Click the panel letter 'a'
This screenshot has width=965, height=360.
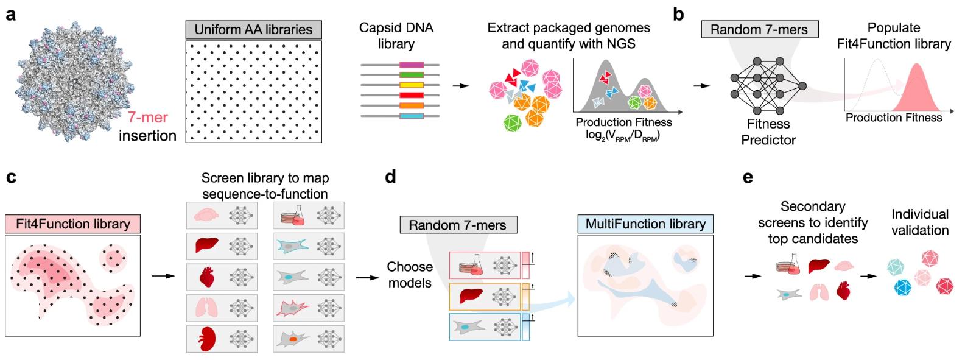coord(11,15)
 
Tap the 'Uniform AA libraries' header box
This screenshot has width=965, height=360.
coord(253,29)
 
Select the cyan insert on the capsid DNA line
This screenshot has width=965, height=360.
coord(412,116)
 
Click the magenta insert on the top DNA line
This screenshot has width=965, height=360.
coord(412,65)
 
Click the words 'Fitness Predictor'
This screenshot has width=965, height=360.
coord(768,132)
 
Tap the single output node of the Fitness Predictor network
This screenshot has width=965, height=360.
coord(802,86)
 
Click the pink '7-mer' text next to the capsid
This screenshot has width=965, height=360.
coord(147,118)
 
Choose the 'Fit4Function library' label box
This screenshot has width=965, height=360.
coord(73,224)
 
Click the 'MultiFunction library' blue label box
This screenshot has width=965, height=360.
coord(645,224)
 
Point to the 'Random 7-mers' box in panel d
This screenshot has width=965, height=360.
coord(457,225)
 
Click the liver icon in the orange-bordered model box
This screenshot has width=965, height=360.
coord(471,296)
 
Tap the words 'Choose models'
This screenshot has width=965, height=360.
coord(410,275)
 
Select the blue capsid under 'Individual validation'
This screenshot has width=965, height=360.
coord(902,288)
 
